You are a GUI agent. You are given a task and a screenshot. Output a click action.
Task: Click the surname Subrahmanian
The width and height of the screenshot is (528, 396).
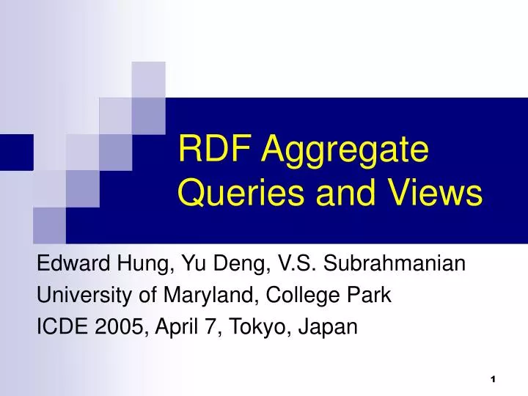coord(393,263)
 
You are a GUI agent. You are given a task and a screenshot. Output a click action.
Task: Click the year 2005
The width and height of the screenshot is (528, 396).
coord(122,327)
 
